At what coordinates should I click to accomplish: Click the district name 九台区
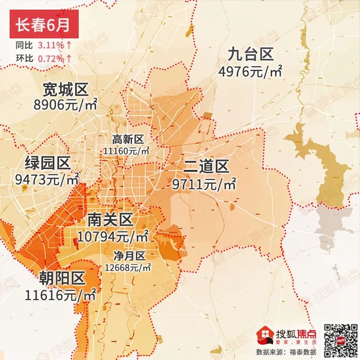tap(250, 54)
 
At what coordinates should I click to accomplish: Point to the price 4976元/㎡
tap(250, 72)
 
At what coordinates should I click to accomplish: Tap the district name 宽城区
tap(65, 89)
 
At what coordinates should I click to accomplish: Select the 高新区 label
tap(128, 140)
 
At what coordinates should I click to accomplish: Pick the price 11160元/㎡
tap(126, 151)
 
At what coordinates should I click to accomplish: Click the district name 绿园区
tap(48, 164)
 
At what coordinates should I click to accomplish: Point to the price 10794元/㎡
tap(113, 237)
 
